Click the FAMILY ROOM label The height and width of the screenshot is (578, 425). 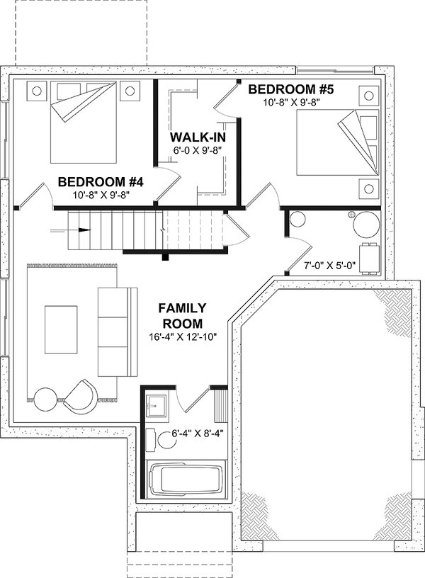[x=182, y=315]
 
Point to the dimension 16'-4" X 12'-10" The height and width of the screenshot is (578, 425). [x=182, y=336]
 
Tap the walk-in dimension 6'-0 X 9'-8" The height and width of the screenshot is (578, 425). [x=193, y=150]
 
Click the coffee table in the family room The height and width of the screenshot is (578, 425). [x=61, y=329]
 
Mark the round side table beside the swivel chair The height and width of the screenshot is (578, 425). [x=49, y=399]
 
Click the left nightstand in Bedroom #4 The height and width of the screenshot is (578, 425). [x=37, y=90]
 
